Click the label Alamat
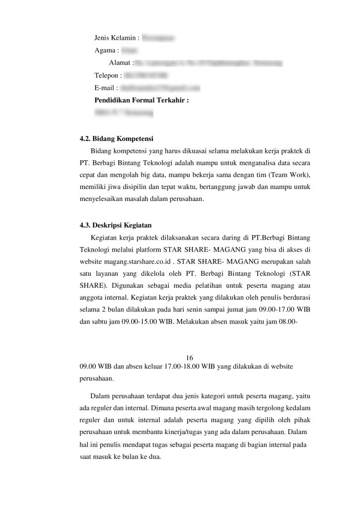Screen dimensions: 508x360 (x=121, y=63)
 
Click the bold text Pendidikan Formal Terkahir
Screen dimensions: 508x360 (x=142, y=100)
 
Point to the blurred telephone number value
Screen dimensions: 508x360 (x=145, y=75)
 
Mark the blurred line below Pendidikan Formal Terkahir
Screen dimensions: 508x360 (x=124, y=113)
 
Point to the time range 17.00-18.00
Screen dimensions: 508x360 (x=181, y=367)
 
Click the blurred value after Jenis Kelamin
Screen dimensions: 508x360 (x=161, y=38)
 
